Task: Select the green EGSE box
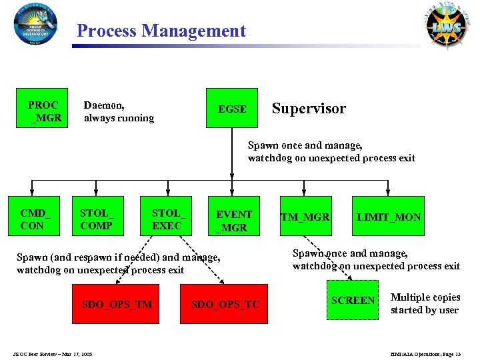[232, 108]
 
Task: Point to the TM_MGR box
[305, 217]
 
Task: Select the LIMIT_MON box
[389, 217]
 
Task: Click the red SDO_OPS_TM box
[117, 304]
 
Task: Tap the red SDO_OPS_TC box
[225, 304]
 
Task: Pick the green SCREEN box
[353, 301]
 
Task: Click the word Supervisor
[309, 109]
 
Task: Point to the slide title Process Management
[161, 31]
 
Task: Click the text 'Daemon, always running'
[118, 111]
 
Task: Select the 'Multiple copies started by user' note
[425, 303]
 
